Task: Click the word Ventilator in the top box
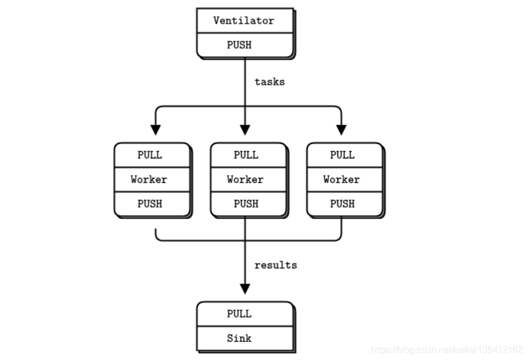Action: (244, 20)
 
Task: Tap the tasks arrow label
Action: (269, 82)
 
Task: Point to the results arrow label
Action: (276, 265)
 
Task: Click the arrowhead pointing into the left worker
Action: (154, 129)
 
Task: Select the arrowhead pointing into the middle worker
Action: (245, 129)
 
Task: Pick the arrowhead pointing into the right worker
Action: (341, 129)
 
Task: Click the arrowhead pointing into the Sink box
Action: (245, 288)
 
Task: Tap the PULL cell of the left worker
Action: (150, 155)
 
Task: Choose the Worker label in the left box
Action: (149, 179)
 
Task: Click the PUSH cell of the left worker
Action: (150, 204)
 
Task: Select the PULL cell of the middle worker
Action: (246, 155)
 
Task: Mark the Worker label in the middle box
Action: (246, 179)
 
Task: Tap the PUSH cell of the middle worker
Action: (246, 204)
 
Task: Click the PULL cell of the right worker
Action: (342, 155)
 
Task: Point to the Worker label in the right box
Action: (342, 179)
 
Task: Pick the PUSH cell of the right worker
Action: (342, 204)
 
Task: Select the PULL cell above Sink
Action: (239, 314)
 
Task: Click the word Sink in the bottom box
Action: (239, 338)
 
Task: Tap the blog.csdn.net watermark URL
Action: (447, 350)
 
